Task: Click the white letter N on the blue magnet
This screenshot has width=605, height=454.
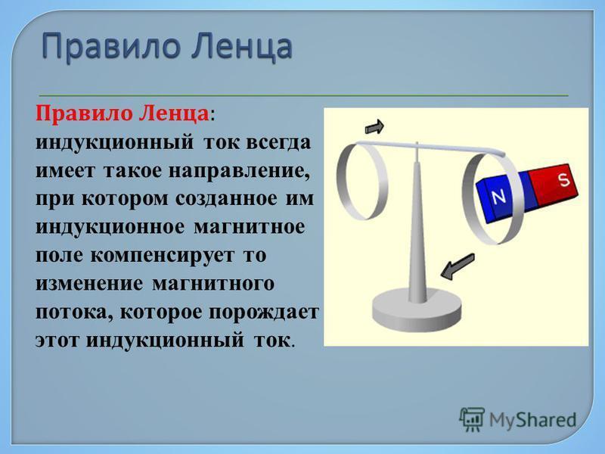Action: pos(498,197)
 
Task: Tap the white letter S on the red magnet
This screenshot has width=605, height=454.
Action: pos(564,179)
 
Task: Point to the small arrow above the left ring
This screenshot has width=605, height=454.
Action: pos(374,127)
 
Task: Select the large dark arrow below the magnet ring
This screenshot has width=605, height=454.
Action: pos(458,266)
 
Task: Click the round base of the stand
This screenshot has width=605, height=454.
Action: pos(417,310)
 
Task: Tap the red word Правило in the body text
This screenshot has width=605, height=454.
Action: pos(84,113)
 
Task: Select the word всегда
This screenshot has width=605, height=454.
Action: pos(278,142)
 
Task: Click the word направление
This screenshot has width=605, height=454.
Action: pos(239,170)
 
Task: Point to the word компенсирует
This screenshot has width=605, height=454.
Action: pos(163,255)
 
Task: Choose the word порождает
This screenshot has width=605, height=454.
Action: pos(264,312)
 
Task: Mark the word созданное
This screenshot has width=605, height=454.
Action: pos(226,199)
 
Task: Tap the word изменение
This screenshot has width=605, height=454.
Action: pos(89,284)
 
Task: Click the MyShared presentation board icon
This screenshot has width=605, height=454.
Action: pos(472,418)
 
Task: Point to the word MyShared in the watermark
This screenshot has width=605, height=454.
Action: pos(533,420)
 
